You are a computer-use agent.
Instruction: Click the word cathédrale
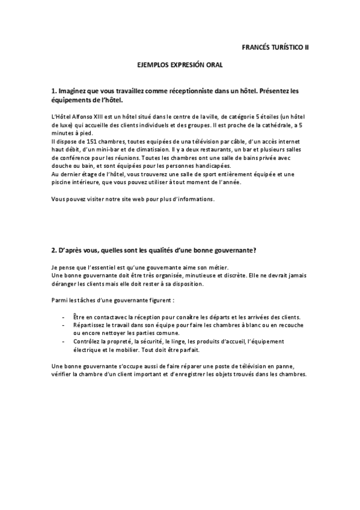[271, 125]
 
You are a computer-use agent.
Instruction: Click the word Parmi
[59, 300]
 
